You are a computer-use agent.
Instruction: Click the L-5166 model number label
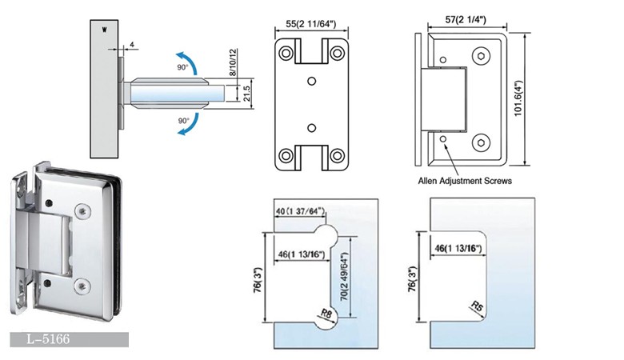[47, 340]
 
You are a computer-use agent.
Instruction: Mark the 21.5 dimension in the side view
[247, 92]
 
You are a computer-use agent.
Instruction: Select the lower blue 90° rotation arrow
[187, 128]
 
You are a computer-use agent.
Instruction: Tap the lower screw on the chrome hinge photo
[83, 285]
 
